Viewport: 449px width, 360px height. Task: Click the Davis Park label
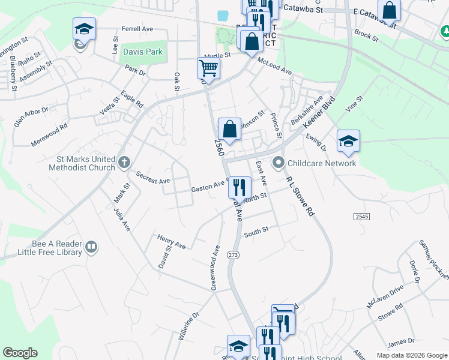[x=143, y=52]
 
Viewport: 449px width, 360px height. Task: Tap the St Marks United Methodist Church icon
[x=124, y=161]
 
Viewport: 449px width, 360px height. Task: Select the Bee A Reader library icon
[x=91, y=247]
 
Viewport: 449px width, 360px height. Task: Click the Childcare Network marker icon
[x=279, y=163]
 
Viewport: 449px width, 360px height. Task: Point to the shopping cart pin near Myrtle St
[x=208, y=67]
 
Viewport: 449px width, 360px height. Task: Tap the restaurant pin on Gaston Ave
[x=240, y=187]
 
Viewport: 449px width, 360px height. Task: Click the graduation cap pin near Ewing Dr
[x=348, y=140]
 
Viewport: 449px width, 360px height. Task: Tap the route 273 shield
[x=234, y=255]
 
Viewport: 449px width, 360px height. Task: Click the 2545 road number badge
[x=362, y=216]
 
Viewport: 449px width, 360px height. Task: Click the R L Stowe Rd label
[x=300, y=196]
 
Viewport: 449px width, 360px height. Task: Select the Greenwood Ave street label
[x=214, y=267]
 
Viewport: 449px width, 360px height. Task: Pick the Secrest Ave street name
[x=153, y=177]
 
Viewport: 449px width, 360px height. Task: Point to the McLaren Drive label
[x=385, y=297]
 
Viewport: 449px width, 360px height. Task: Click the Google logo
[x=20, y=353]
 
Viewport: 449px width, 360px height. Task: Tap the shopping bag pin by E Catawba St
[x=389, y=10]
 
